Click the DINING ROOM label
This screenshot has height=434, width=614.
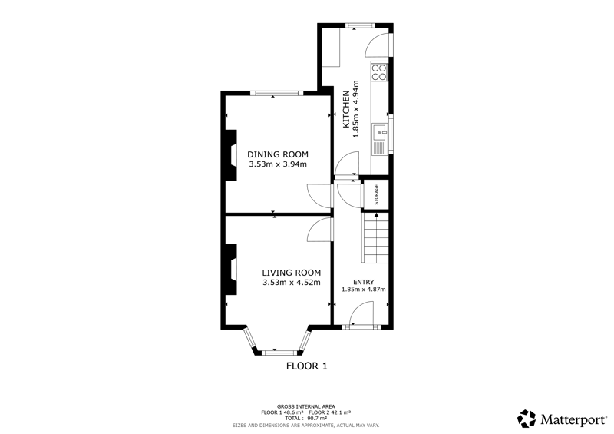pos(278,154)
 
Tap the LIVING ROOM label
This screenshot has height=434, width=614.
pos(292,273)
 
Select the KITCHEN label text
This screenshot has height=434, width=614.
pos(346,109)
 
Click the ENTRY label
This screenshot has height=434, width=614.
pos(363,282)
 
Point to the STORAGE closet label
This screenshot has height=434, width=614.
pos(377,194)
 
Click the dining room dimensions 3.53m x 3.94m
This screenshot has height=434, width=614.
pos(278,164)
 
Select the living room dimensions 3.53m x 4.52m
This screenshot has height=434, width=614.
pos(292,283)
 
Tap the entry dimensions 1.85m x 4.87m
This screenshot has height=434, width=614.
pos(363,290)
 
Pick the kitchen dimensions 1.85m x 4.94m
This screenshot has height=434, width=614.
pos(355,109)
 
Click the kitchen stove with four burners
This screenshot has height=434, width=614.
pos(379,71)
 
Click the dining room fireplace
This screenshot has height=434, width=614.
pos(231,155)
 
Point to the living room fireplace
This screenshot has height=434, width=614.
pos(231,269)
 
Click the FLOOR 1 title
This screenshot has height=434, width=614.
pos(306,366)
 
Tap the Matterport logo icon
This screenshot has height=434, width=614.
pos(527,419)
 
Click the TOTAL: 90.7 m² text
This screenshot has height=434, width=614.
pos(305,419)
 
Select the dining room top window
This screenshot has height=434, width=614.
pos(277,93)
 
